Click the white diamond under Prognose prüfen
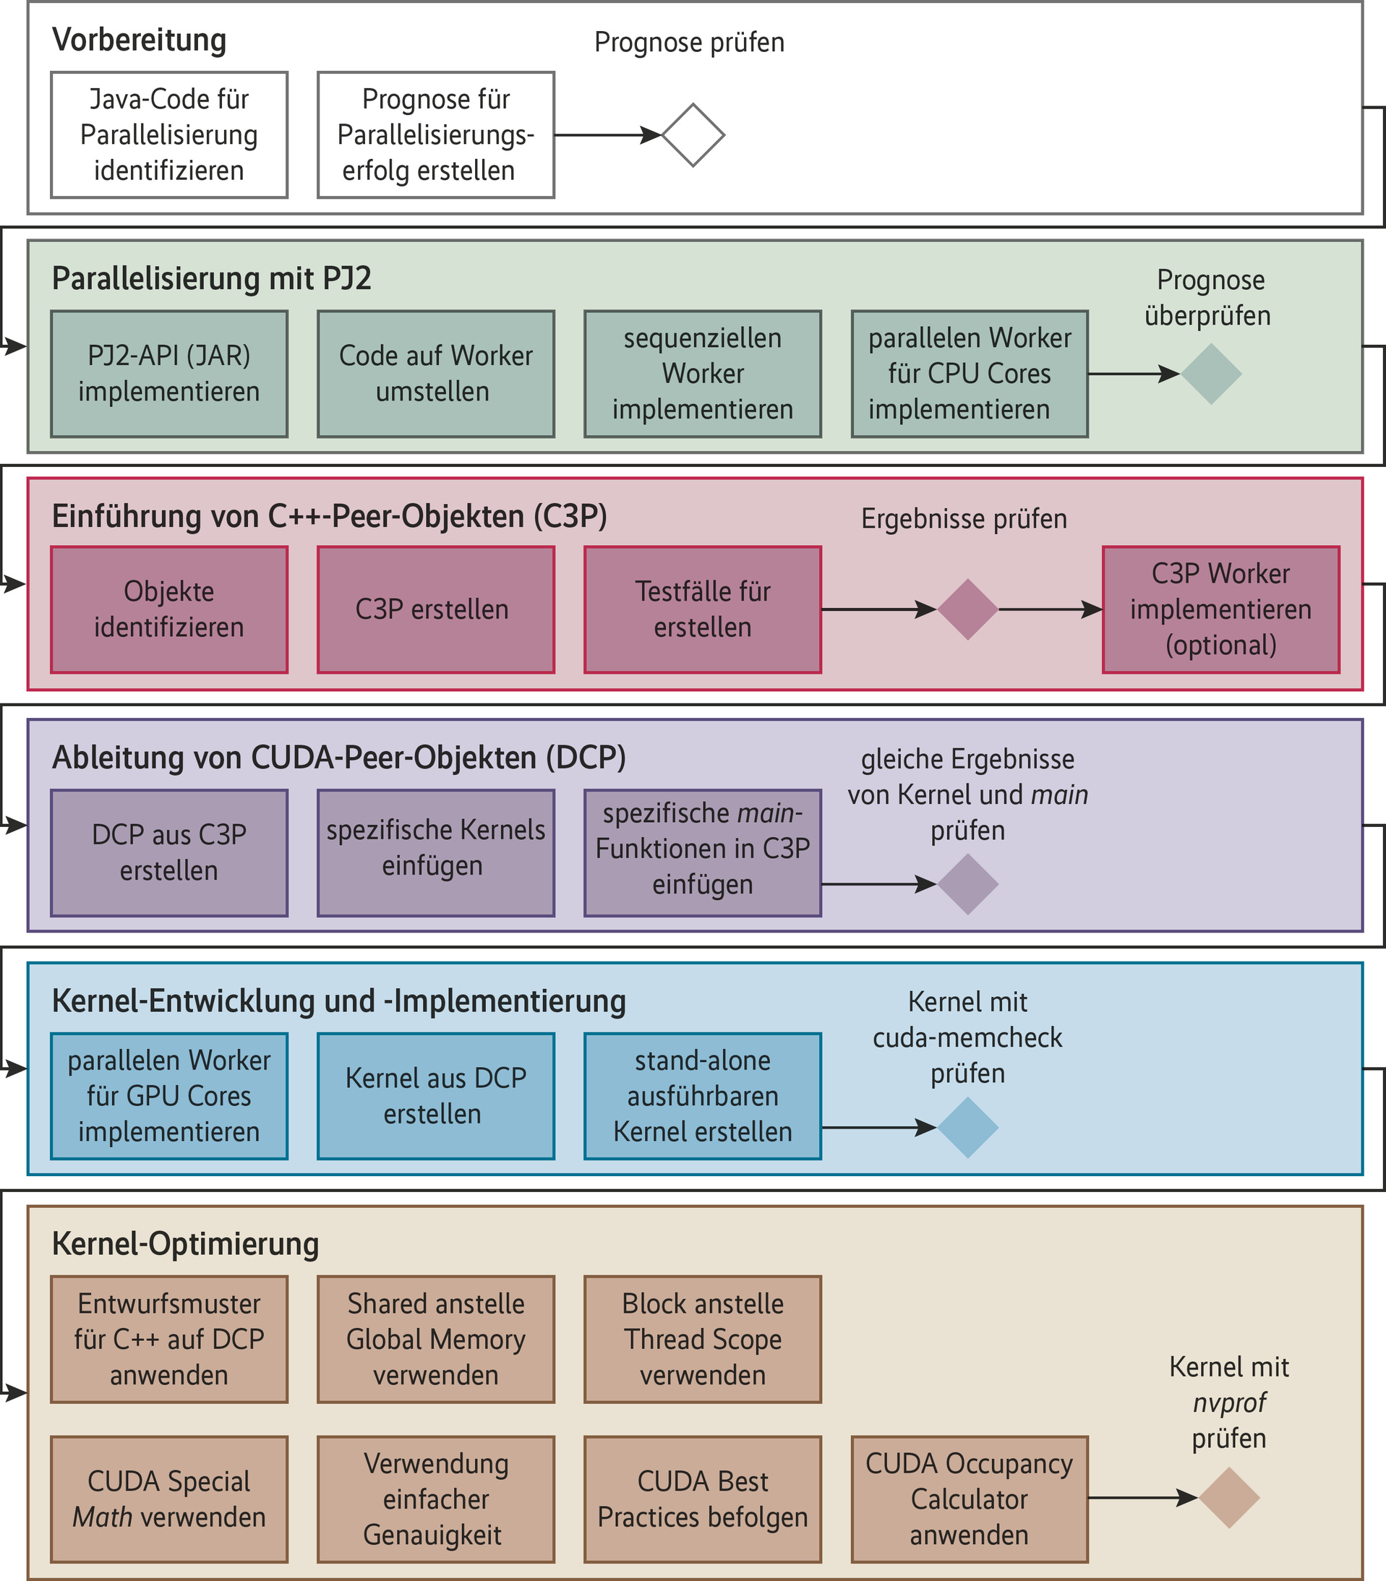click(x=693, y=135)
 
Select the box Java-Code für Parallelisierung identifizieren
click(x=169, y=135)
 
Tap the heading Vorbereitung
click(x=140, y=40)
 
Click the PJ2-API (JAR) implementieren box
click(x=169, y=374)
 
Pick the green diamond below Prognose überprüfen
click(x=1210, y=374)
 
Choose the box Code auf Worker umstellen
click(x=435, y=374)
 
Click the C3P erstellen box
click(x=435, y=609)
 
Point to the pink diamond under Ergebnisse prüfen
click(x=967, y=609)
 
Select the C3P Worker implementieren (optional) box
click(x=1220, y=609)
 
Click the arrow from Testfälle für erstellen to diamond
click(x=878, y=609)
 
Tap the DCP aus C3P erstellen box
click(x=169, y=852)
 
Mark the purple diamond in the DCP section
click(x=967, y=884)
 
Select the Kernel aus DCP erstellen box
click(x=435, y=1096)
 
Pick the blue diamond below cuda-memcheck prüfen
click(x=967, y=1128)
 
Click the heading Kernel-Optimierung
click(x=186, y=1243)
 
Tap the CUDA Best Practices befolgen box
click(x=702, y=1499)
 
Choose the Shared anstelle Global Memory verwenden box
click(x=435, y=1339)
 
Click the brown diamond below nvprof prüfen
click(x=1228, y=1499)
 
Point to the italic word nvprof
click(x=1229, y=1402)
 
